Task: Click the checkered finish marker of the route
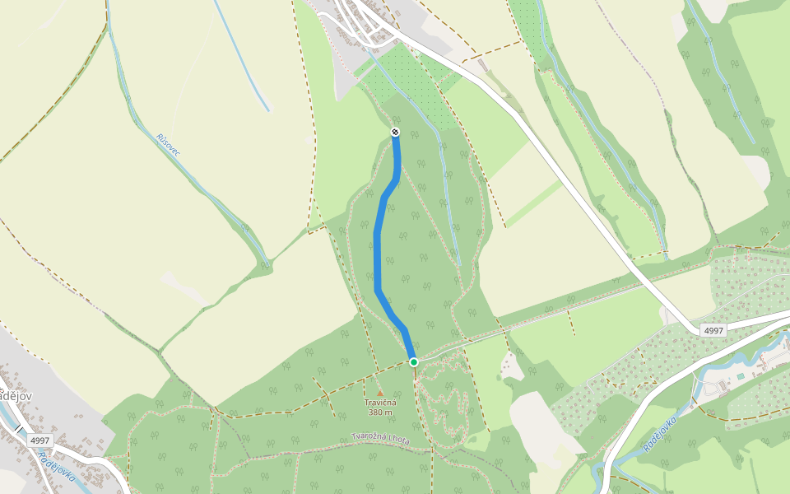pos(395,133)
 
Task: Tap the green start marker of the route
pos(414,361)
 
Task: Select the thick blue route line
pos(378,247)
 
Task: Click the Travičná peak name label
pos(381,402)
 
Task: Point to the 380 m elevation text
pos(381,412)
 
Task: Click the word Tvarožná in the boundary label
pos(369,436)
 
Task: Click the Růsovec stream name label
pos(168,145)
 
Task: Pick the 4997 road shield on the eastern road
pos(713,330)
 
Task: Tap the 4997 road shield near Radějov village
pos(39,440)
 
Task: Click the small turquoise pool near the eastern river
pos(740,376)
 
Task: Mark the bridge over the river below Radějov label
pos(18,426)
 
